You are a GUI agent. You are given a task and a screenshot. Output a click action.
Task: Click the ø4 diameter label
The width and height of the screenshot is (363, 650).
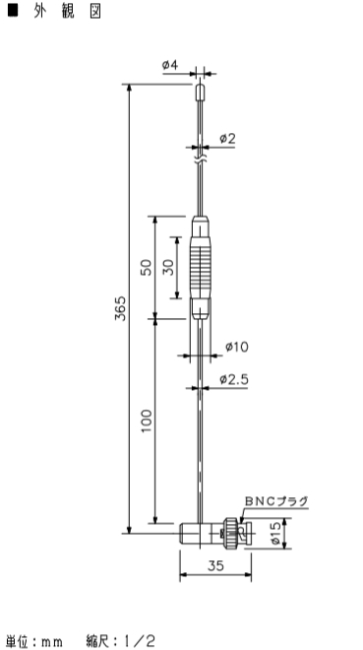click(170, 66)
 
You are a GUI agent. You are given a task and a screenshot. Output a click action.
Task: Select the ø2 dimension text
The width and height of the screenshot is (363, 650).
click(227, 139)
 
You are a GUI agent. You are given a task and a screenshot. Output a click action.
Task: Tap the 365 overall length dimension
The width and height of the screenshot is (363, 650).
click(120, 308)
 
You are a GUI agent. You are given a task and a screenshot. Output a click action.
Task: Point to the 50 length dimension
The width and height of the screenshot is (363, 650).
click(147, 267)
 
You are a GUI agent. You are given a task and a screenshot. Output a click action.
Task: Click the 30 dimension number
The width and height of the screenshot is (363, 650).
click(167, 267)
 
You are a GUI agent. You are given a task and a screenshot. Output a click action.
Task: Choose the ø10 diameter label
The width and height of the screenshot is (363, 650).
click(237, 347)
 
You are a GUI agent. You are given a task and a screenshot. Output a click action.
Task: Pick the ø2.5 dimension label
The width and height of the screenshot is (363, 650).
click(234, 379)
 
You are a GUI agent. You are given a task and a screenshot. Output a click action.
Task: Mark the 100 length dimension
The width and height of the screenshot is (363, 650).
click(147, 422)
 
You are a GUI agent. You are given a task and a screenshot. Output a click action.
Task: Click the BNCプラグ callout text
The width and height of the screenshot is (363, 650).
click(276, 501)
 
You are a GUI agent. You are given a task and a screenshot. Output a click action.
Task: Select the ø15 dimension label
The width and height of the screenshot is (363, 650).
click(276, 533)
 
